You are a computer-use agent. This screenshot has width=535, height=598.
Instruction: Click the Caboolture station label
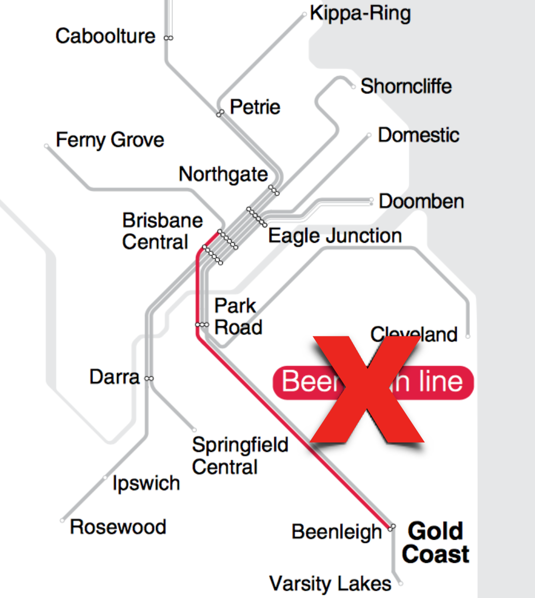tap(105, 37)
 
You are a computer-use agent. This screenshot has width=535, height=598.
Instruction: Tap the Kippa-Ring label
tap(360, 14)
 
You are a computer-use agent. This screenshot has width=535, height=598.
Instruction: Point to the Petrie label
tap(255, 108)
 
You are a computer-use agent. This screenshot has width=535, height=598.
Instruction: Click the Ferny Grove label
tap(110, 140)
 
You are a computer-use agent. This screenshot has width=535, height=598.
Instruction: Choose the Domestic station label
tap(418, 135)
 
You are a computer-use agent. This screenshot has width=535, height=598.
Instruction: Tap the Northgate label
tap(223, 174)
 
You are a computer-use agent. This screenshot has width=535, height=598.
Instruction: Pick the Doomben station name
tap(421, 201)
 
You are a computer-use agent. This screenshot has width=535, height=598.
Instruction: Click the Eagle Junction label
tap(335, 235)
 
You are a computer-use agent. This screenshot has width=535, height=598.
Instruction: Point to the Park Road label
tap(238, 316)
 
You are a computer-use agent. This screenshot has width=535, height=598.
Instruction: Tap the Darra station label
tap(115, 377)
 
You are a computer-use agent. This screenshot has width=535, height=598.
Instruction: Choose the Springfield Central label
tap(240, 456)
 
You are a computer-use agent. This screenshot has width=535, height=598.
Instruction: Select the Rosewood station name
tap(118, 527)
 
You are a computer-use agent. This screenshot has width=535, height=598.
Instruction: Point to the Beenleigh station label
tap(336, 532)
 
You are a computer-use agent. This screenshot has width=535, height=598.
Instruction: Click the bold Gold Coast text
tap(436, 542)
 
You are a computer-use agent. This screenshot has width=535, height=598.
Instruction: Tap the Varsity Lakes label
tap(330, 583)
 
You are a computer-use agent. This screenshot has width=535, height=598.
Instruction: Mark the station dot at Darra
tap(149, 378)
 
